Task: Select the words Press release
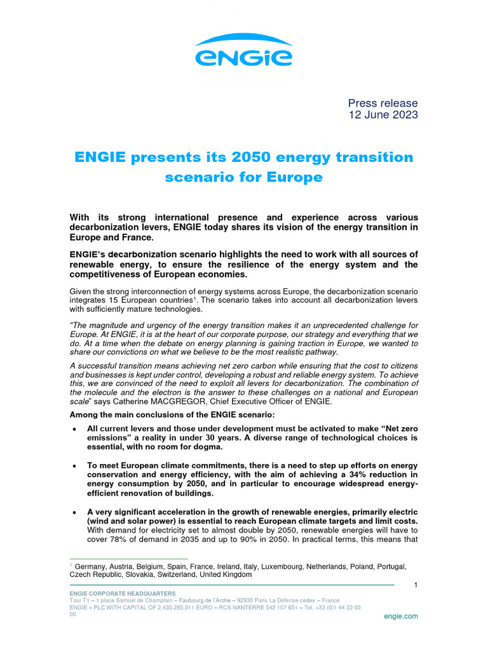[383, 103]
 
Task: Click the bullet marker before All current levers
[76, 430]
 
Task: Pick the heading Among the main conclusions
[172, 415]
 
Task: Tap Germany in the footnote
[93, 566]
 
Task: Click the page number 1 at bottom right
[415, 585]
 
